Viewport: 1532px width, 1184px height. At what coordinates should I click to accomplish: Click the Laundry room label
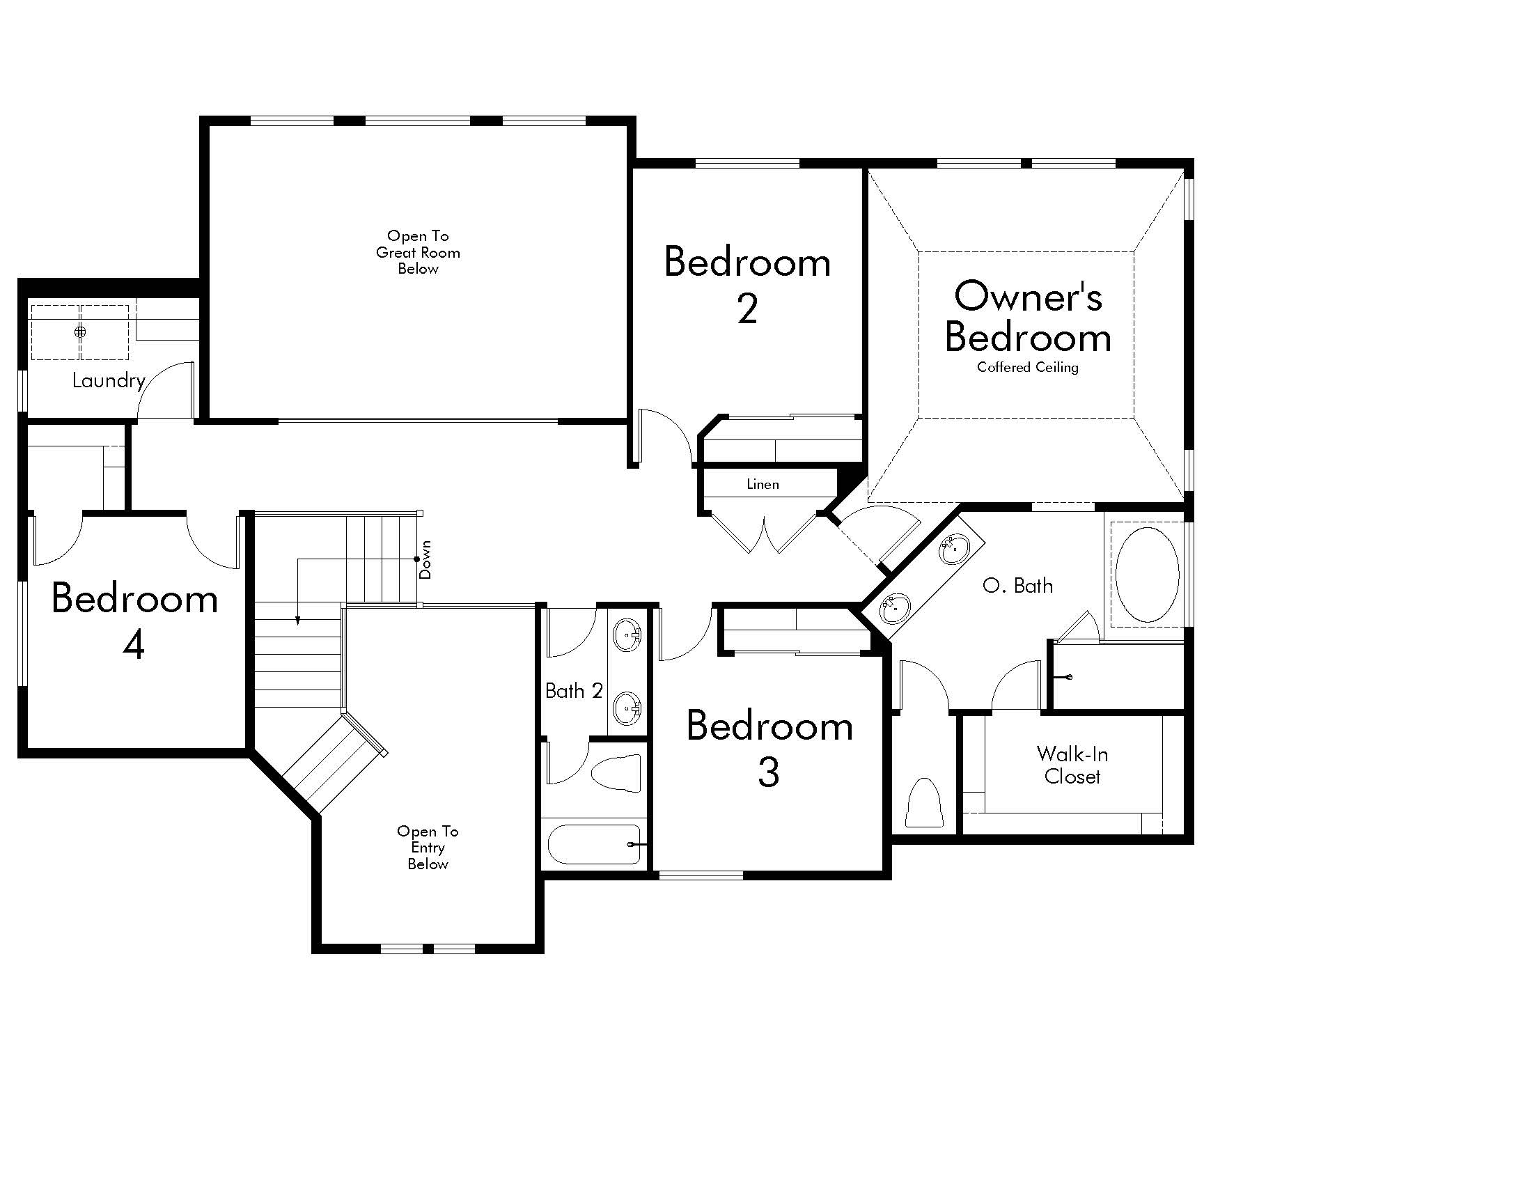[109, 381]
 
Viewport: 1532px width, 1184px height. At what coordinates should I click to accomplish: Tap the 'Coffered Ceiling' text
[1028, 367]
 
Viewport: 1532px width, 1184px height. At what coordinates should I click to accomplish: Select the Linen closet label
[763, 484]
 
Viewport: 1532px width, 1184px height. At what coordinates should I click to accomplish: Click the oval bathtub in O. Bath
[1147, 575]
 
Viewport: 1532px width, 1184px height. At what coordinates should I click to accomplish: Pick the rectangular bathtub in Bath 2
[594, 844]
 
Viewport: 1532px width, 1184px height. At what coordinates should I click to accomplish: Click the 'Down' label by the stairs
[425, 559]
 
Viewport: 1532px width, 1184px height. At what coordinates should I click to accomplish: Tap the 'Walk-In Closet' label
[1072, 765]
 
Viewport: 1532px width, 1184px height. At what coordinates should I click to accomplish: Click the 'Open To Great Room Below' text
[418, 253]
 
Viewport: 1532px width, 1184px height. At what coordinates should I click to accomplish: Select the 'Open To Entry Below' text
[427, 848]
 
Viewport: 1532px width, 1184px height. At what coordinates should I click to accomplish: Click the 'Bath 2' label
[574, 691]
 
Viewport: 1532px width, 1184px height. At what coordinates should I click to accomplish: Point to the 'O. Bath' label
[1018, 586]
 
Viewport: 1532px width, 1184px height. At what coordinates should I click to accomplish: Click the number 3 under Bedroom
[769, 772]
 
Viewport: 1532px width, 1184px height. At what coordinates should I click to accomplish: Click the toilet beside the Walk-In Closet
[925, 802]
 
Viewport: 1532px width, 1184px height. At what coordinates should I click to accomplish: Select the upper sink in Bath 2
[627, 635]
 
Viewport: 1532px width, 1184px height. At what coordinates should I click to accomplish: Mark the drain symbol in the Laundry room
[80, 332]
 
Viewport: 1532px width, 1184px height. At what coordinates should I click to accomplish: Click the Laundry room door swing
[166, 390]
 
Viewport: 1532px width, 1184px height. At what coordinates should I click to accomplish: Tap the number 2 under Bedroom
[748, 309]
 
